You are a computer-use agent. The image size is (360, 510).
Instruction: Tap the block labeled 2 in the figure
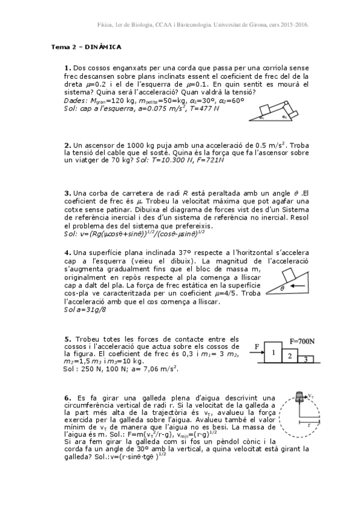pyautogui.click(x=290, y=356)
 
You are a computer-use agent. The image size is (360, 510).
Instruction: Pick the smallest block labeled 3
pyautogui.click(x=305, y=359)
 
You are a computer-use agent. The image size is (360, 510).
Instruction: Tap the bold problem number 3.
pyautogui.click(x=67, y=193)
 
